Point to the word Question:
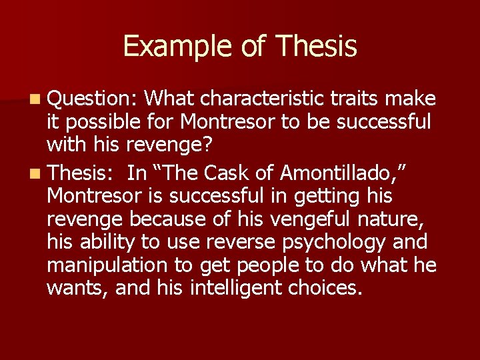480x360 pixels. point(92,99)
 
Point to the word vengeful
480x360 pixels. point(295,219)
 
